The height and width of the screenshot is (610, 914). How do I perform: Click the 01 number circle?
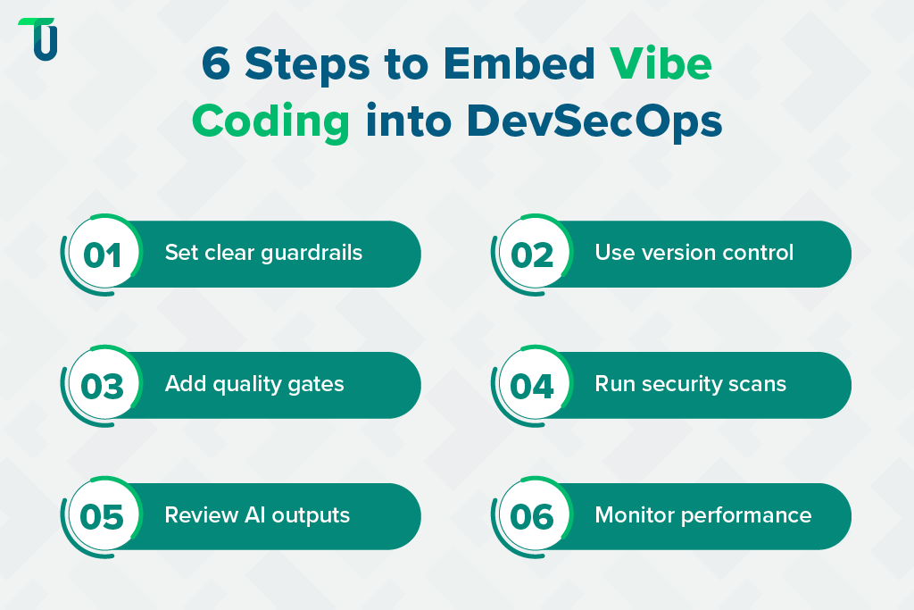(103, 255)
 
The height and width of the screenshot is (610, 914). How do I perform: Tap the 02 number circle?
(533, 255)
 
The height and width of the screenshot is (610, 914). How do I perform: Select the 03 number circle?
(103, 386)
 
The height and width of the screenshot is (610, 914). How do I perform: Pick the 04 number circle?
(533, 386)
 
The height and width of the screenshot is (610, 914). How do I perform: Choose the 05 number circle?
(103, 517)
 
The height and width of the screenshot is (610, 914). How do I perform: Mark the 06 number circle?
(533, 517)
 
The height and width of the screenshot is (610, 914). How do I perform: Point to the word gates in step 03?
(319, 385)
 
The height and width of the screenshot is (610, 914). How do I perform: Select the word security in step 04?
(684, 385)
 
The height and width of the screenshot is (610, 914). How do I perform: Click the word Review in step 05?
(201, 515)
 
